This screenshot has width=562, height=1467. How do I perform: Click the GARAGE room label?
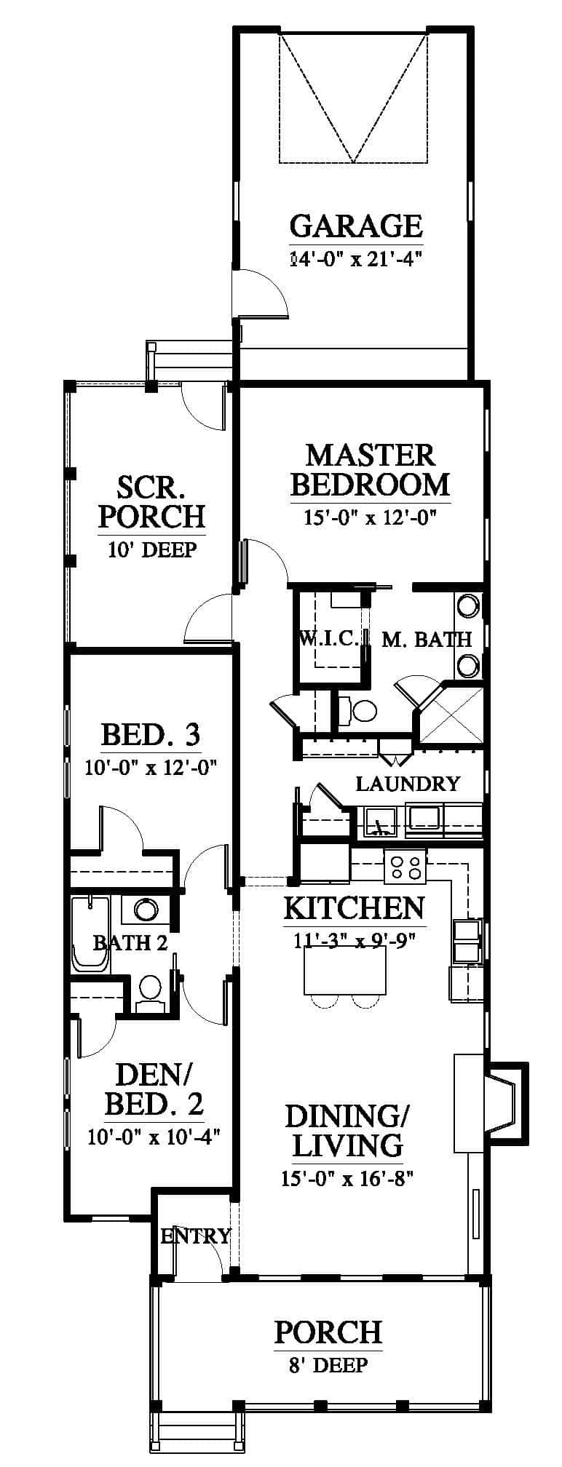[x=356, y=226]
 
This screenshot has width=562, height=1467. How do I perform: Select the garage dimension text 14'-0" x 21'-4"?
[x=356, y=259]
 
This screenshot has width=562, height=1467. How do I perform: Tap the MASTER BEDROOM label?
[x=370, y=469]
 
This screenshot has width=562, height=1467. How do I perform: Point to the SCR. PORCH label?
[x=151, y=501]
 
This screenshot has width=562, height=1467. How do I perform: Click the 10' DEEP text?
[x=152, y=550]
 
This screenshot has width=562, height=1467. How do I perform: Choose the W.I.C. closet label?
[x=329, y=639]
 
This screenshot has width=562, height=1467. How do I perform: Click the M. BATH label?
[x=427, y=640]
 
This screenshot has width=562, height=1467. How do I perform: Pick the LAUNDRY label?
[x=408, y=784]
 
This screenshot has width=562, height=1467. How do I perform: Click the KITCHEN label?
[x=354, y=908]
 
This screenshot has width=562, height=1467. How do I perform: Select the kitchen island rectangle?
[x=345, y=973]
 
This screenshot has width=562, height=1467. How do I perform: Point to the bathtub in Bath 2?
[x=90, y=934]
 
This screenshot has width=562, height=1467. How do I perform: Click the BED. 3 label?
[x=151, y=735]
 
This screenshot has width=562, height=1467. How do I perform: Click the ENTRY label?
[x=196, y=1236]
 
